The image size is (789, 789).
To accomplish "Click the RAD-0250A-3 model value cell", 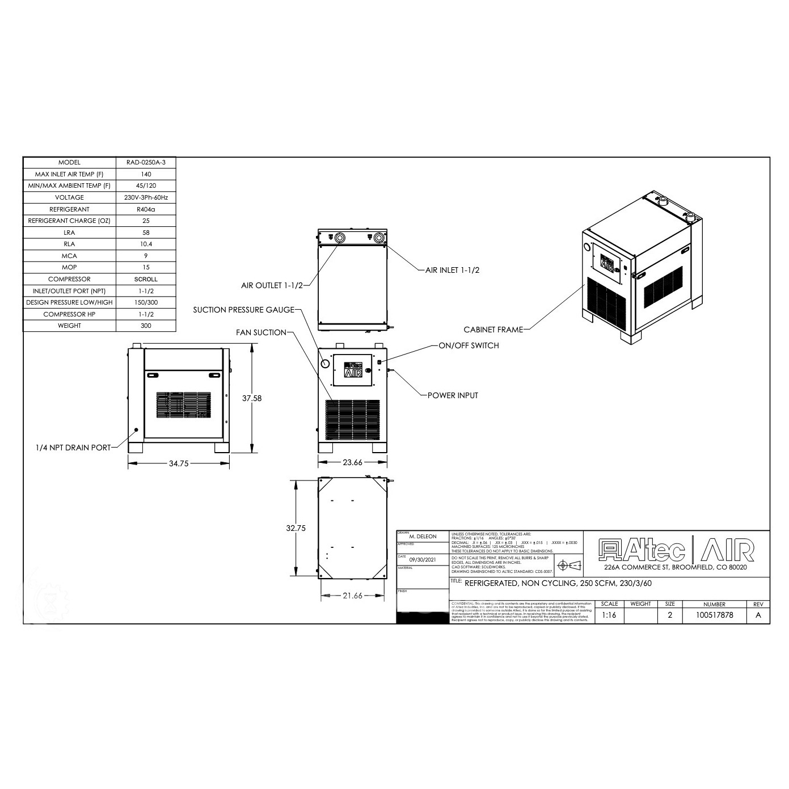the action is click(146, 163).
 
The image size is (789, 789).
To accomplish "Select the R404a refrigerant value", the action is click(146, 209).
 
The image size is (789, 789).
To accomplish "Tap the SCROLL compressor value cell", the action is click(146, 279).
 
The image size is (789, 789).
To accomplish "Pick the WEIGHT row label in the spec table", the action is click(69, 326).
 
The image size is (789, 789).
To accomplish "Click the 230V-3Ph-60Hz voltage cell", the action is click(146, 197).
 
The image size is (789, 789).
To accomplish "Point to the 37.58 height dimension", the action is click(252, 398).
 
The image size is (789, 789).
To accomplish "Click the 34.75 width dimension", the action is click(179, 463).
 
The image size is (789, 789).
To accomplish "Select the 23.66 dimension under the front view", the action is click(352, 462).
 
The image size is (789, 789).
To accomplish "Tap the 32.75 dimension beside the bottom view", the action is click(296, 528).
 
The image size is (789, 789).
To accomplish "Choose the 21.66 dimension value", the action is click(352, 596).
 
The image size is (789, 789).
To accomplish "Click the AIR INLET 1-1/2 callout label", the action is click(452, 270).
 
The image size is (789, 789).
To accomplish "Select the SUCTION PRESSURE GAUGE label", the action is click(244, 310).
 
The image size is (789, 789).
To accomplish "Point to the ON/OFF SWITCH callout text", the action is click(469, 345).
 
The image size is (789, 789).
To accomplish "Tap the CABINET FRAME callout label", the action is click(493, 329).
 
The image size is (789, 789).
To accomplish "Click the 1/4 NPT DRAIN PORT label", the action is click(73, 448).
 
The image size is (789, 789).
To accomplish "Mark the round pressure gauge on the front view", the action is click(325, 364).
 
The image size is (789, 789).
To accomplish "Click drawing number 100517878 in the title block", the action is click(714, 615).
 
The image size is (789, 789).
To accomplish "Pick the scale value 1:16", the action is click(609, 615).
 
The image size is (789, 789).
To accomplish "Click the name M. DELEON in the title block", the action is click(423, 537).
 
